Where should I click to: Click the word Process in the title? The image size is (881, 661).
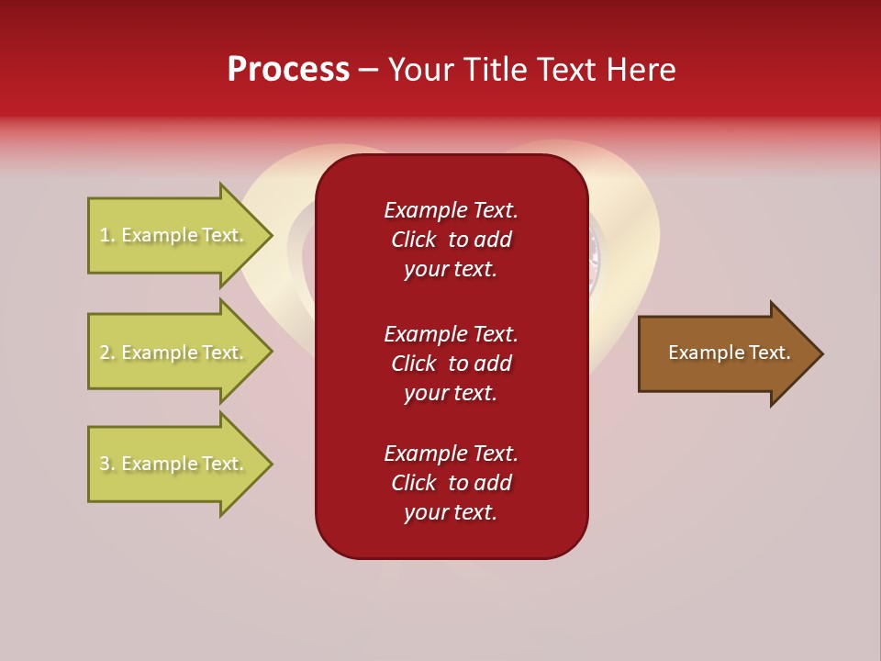click(x=288, y=70)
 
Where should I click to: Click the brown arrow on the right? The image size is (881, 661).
click(x=725, y=353)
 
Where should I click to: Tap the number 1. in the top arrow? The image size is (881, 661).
click(x=107, y=235)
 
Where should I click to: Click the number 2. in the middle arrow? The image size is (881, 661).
click(x=107, y=353)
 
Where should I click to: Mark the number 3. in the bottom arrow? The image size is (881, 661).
click(x=107, y=464)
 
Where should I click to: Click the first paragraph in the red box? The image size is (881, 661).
click(x=451, y=240)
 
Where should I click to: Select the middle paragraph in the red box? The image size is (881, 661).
click(x=451, y=364)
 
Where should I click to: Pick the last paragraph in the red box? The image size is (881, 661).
click(x=451, y=483)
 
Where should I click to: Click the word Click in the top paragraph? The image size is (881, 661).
click(x=413, y=240)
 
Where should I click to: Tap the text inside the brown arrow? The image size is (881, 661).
click(x=729, y=353)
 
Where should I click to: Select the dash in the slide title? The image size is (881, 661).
click(x=368, y=70)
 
